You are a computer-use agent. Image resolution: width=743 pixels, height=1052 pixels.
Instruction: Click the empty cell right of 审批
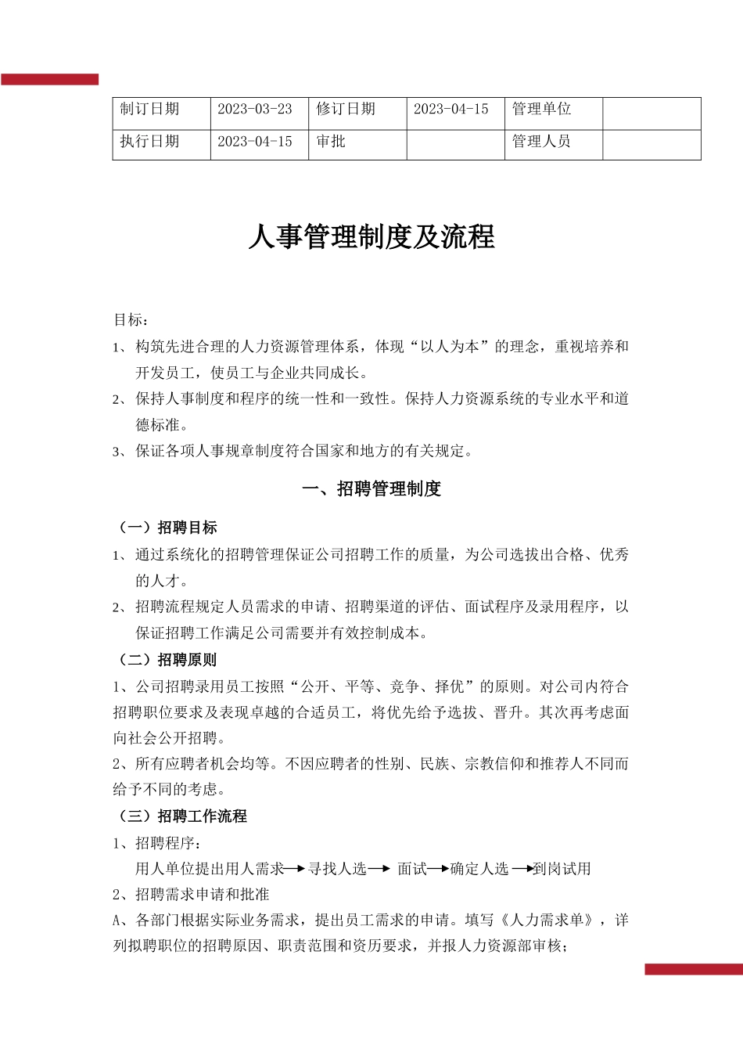click(x=455, y=145)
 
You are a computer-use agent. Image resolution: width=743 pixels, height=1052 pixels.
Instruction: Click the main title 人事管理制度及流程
click(x=371, y=237)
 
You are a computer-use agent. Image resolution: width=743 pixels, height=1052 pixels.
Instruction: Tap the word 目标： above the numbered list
click(x=131, y=319)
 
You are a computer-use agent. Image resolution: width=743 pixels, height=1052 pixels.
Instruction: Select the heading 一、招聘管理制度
click(x=371, y=489)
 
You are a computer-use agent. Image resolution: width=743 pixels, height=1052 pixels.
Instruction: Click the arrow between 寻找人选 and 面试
click(x=379, y=869)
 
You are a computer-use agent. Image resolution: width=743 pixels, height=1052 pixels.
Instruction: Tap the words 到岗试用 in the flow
click(x=562, y=869)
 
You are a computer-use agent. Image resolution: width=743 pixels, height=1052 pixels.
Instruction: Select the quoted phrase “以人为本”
click(x=450, y=347)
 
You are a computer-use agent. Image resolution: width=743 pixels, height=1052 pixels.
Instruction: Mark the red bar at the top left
click(x=49, y=79)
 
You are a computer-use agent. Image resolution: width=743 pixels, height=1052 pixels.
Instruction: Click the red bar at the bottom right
click(x=693, y=969)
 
